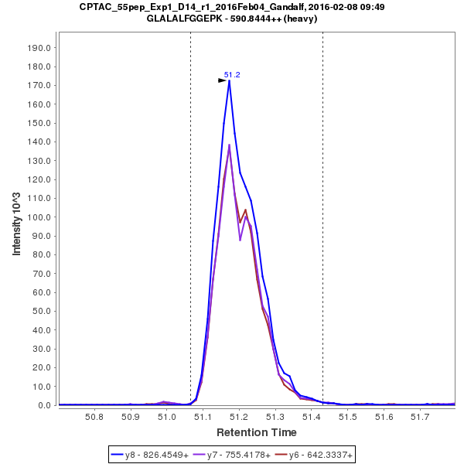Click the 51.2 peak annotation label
(232, 75)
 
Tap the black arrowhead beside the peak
(222, 80)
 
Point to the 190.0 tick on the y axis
(39, 47)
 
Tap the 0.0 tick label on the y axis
(45, 405)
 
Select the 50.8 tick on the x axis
(94, 417)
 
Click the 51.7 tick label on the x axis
(420, 417)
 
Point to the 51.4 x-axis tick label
(312, 417)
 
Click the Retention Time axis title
(256, 432)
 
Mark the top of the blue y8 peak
(229, 81)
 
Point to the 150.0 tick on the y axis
(39, 122)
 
